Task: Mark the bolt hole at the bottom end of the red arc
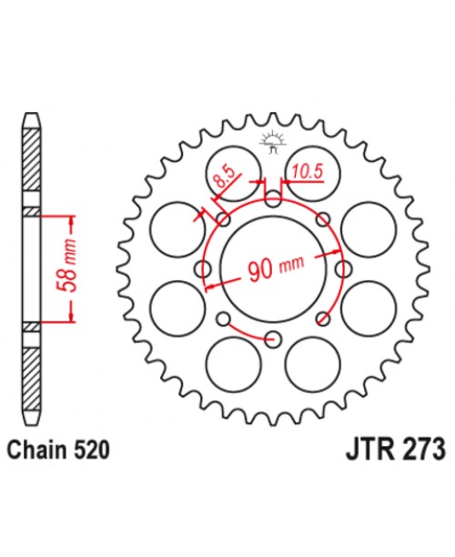pyautogui.click(x=273, y=339)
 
